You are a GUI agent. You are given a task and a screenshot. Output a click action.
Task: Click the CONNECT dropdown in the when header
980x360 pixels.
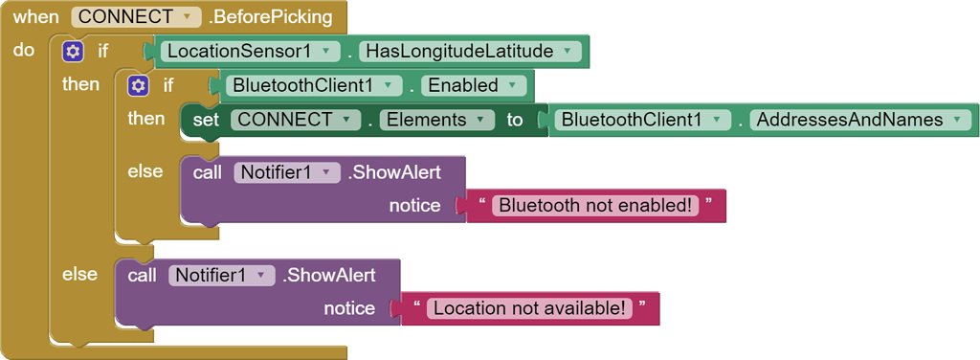(x=136, y=17)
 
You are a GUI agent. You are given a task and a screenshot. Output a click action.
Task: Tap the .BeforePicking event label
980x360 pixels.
(x=270, y=17)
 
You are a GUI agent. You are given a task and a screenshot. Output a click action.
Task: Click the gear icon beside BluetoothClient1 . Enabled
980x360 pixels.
(x=139, y=85)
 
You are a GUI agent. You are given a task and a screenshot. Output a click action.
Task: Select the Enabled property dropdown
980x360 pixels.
(x=474, y=85)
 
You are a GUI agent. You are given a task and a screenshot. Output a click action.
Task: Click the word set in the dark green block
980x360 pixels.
(x=206, y=120)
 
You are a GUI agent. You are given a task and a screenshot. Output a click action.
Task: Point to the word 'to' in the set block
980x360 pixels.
(x=515, y=120)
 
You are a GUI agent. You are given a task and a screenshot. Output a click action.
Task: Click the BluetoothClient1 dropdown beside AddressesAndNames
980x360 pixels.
(x=642, y=120)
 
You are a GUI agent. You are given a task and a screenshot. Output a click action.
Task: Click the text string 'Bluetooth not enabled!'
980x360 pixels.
(x=595, y=205)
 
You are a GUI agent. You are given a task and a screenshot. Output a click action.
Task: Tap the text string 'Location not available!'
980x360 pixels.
(x=529, y=308)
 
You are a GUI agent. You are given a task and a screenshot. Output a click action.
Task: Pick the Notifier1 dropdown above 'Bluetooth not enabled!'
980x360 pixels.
(x=286, y=172)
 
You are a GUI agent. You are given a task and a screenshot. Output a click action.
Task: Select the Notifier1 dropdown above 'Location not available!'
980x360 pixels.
(x=221, y=275)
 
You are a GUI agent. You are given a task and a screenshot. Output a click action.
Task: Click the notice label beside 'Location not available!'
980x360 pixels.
(x=349, y=308)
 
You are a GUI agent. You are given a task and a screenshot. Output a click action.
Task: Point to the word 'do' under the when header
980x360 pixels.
(x=24, y=50)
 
